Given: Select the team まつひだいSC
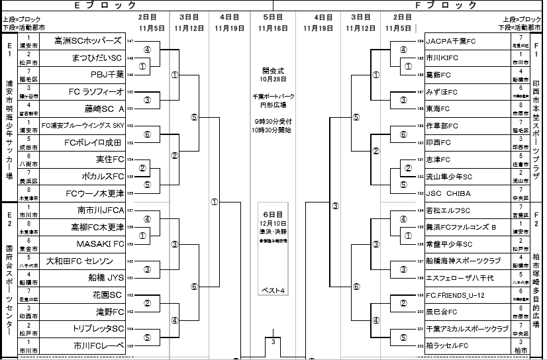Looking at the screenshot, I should (x=97, y=58).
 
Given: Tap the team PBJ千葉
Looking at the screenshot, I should (x=107, y=74).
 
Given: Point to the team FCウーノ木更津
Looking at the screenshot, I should (x=95, y=193).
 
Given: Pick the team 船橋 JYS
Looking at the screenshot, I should (x=105, y=278).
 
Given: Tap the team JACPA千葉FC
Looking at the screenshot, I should (x=450, y=40).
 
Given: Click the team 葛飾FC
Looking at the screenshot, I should (x=438, y=75).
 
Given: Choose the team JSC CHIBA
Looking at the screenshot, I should (x=448, y=193).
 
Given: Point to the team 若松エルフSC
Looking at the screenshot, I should (x=448, y=210).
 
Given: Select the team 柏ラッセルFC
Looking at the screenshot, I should (x=447, y=345).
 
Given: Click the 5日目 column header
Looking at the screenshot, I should (x=273, y=16).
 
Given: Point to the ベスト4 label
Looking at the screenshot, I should (x=273, y=291).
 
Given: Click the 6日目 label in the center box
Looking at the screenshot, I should (x=273, y=214).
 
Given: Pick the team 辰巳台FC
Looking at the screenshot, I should (x=441, y=312).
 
